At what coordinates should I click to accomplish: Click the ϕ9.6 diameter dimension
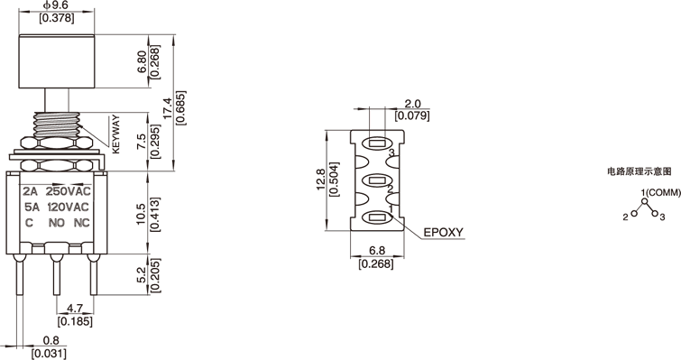click(56, 5)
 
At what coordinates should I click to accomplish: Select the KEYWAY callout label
click(115, 134)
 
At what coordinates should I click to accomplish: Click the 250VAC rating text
click(69, 191)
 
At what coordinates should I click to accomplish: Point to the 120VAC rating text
click(68, 208)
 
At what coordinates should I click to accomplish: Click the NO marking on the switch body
click(57, 223)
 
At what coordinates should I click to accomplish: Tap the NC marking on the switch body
click(82, 223)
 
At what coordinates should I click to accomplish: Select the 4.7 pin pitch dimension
click(75, 309)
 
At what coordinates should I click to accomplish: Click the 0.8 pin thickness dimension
click(51, 340)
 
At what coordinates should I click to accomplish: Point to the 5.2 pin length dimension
click(142, 275)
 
